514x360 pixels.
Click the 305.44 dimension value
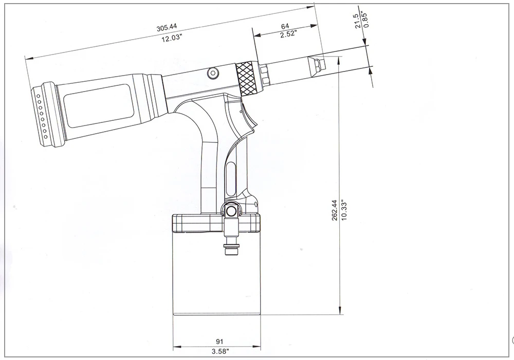point(167,27)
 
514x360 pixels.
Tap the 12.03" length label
point(172,38)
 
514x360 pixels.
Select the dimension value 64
point(285,26)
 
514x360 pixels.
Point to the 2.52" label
point(288,34)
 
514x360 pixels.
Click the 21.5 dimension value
point(358,21)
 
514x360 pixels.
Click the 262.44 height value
point(335,210)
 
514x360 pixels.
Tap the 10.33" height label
point(343,210)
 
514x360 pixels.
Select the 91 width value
point(219,341)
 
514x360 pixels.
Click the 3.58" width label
point(220,351)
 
